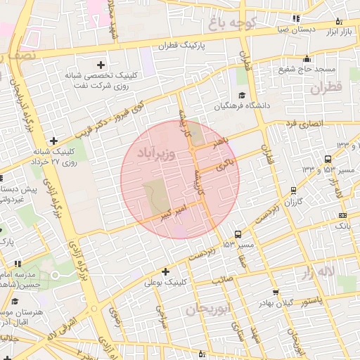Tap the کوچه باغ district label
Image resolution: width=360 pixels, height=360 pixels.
233,23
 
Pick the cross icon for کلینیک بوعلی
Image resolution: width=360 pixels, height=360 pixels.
166,271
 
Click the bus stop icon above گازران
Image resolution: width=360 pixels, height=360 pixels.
294,191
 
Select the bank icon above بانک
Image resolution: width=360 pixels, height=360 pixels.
342,215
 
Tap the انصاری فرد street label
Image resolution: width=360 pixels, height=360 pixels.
302,124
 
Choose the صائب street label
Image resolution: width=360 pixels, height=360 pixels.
222,279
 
